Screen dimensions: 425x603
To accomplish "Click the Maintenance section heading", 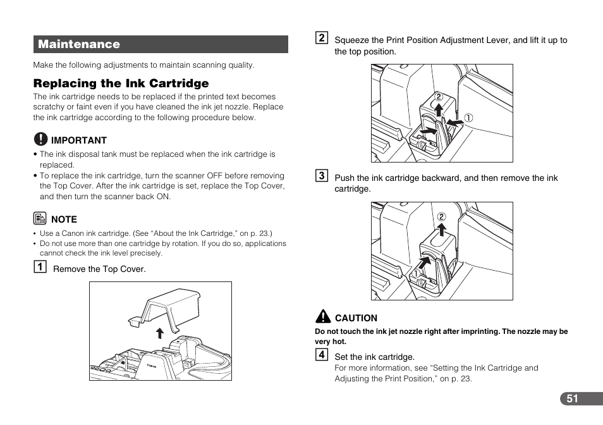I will coord(79,44).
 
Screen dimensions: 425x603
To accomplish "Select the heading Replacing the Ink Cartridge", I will coord(121,83).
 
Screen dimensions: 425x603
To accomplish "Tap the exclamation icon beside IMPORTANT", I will coord(40,139).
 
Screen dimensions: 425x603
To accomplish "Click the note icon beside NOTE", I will coord(40,219).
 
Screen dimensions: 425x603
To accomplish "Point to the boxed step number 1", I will coord(40,267).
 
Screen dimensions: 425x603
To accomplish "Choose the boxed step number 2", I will coord(322,38).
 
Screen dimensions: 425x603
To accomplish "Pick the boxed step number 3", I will coord(322,176).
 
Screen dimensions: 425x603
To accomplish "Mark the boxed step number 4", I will coord(322,354).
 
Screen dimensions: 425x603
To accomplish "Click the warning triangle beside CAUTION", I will coord(323,317).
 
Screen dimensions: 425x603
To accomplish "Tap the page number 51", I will coord(572,398).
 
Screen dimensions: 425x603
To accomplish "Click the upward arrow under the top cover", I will coord(160,334).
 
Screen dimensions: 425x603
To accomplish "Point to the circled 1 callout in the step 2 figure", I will coord(469,117).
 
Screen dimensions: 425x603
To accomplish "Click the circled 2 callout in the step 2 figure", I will coord(437,97).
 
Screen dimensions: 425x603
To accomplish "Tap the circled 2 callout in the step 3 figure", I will coord(442,217).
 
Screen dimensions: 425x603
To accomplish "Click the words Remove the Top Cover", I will coord(99,269).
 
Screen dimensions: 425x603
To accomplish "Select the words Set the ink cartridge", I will coord(374,357).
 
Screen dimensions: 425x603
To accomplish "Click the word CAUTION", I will coord(356,318).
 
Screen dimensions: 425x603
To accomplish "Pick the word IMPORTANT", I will coord(79,140).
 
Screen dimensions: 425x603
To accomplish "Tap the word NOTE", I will coord(64,219).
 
